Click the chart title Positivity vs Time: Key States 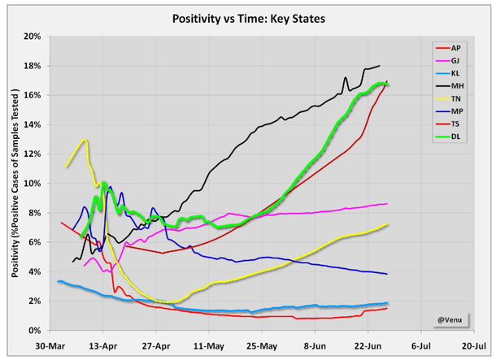[x=247, y=18]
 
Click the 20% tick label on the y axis [x=33, y=37]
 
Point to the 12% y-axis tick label [x=33, y=154]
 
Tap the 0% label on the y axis [x=35, y=331]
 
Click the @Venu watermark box [x=453, y=319]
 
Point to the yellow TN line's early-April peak [x=84, y=140]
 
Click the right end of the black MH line [x=380, y=66]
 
